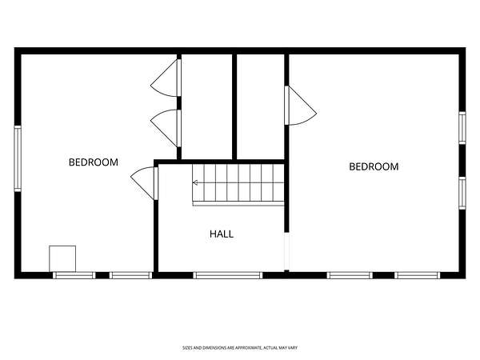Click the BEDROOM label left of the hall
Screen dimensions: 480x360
[x=94, y=162]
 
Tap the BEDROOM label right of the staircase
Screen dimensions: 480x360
[x=374, y=166]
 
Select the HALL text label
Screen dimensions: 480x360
[x=222, y=234]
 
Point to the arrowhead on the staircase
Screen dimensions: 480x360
[x=194, y=182]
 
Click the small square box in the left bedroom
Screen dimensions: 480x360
[x=62, y=258]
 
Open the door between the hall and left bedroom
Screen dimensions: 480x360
[x=144, y=183]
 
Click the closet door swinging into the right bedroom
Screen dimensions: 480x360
[x=300, y=106]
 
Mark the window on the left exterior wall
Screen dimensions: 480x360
[x=18, y=158]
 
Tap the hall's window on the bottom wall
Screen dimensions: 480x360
[x=228, y=275]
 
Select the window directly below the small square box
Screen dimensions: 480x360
[x=74, y=275]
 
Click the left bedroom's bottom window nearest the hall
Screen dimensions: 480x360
[x=130, y=275]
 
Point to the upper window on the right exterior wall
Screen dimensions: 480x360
[x=462, y=128]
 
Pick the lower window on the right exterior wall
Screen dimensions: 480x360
[x=462, y=193]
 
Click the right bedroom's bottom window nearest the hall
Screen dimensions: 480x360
[x=350, y=275]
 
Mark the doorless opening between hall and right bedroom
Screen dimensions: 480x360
[x=286, y=251]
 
